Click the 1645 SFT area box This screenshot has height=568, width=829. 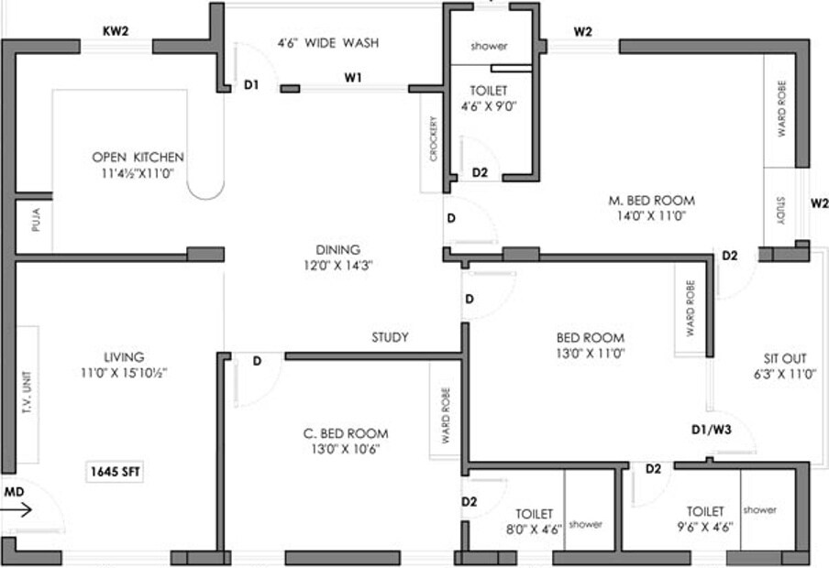[x=116, y=472]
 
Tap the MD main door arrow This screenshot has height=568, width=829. [x=18, y=509]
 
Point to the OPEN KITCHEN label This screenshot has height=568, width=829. [x=138, y=157]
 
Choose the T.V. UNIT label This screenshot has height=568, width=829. [x=27, y=395]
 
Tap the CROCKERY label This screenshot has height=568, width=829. [x=432, y=139]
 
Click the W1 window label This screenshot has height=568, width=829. [x=353, y=78]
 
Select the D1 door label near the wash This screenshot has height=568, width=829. [x=251, y=85]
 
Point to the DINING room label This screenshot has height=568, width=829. [x=337, y=249]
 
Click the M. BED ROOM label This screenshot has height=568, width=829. [x=651, y=201]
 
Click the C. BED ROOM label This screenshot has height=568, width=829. [x=346, y=433]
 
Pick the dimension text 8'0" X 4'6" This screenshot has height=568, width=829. [x=534, y=529]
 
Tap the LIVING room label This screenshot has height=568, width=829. [x=124, y=357]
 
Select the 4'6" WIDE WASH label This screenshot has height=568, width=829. [x=328, y=43]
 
